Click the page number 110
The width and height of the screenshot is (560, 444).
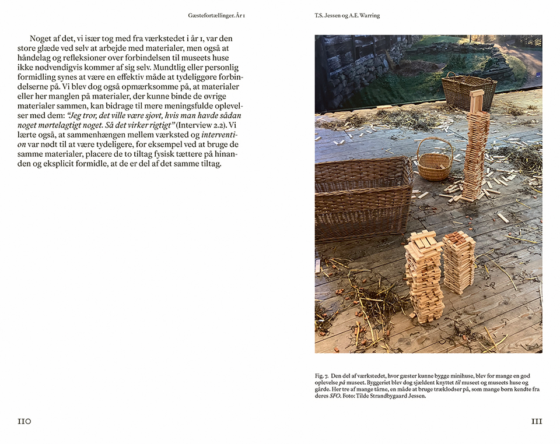pyautogui.click(x=24, y=421)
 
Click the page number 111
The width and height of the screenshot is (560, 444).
pyautogui.click(x=536, y=421)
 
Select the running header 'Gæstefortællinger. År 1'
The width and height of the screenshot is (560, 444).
pyautogui.click(x=216, y=15)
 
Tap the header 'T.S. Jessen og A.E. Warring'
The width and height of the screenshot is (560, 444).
pyautogui.click(x=346, y=15)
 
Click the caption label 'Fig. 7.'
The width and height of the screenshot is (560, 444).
pyautogui.click(x=323, y=376)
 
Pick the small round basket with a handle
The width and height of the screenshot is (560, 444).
pyautogui.click(x=434, y=165)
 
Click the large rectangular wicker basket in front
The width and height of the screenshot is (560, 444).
pyautogui.click(x=363, y=195)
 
